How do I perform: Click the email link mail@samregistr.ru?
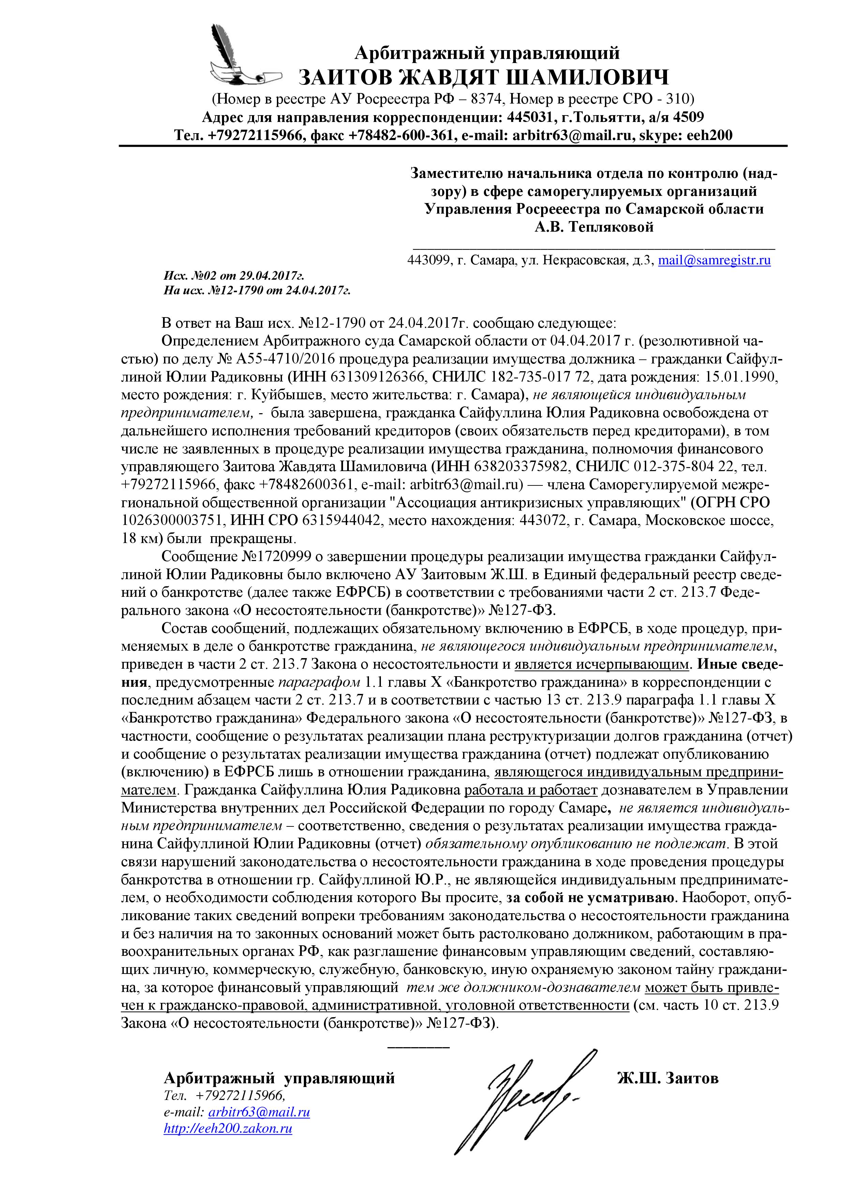(x=714, y=260)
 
